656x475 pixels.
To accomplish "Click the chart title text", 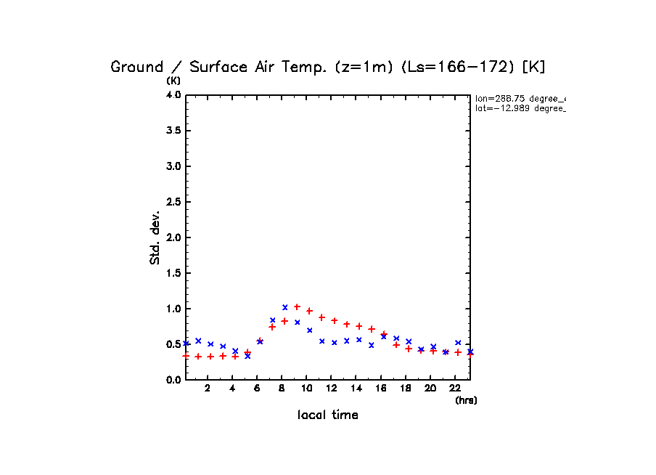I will click(327, 67).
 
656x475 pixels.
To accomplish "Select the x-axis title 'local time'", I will click(327, 415).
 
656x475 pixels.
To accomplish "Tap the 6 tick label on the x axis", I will click(257, 389).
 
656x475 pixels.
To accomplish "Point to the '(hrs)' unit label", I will click(466, 400).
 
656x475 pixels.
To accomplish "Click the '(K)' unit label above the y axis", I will click(174, 81).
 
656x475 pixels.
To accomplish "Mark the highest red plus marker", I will click(297, 306).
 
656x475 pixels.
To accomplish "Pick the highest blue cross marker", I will click(285, 307).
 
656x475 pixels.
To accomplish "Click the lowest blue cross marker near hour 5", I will click(247, 356).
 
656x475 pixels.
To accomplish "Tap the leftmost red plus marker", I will click(186, 356).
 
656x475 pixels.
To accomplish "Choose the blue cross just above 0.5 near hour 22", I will click(458, 342).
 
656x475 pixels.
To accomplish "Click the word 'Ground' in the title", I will click(136, 67).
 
